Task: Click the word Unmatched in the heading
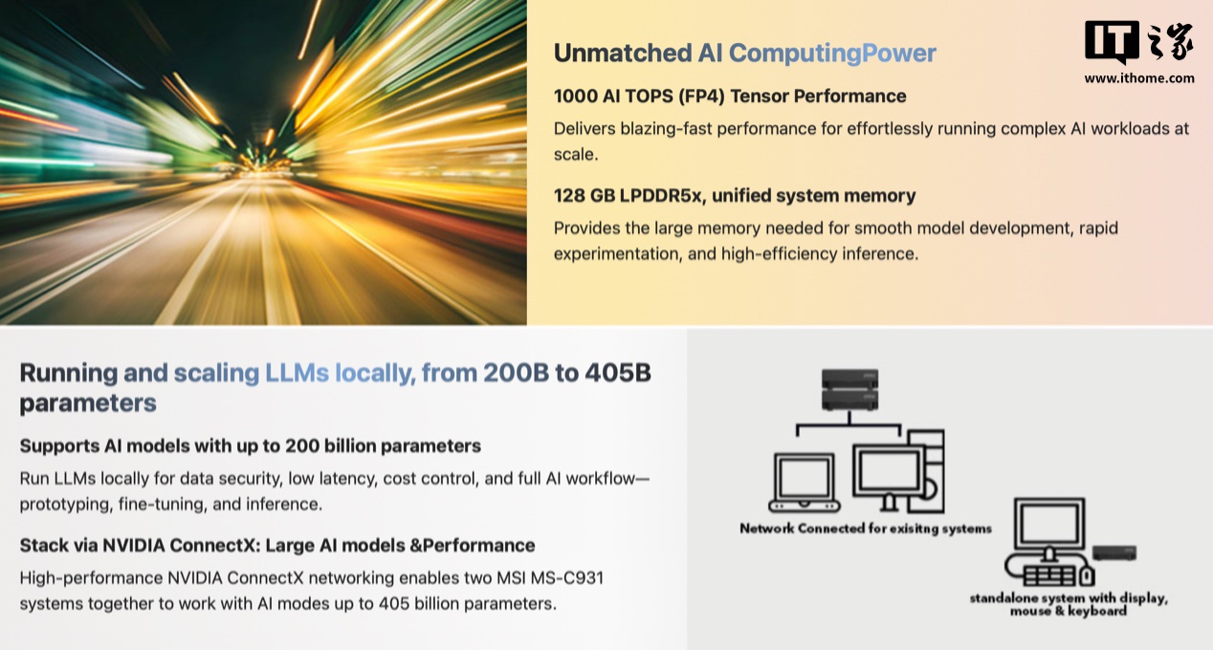[623, 53]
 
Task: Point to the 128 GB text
[584, 195]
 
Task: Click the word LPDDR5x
[661, 195]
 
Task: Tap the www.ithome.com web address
[1138, 78]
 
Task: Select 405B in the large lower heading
[618, 373]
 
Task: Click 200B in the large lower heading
[516, 373]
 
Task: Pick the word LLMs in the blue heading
[297, 373]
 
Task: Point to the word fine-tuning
[161, 505]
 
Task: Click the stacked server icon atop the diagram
[849, 390]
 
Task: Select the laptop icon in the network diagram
[805, 483]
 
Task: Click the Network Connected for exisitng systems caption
[866, 529]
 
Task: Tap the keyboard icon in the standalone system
[1048, 576]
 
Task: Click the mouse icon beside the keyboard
[1087, 575]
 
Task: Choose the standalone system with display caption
[1069, 605]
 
